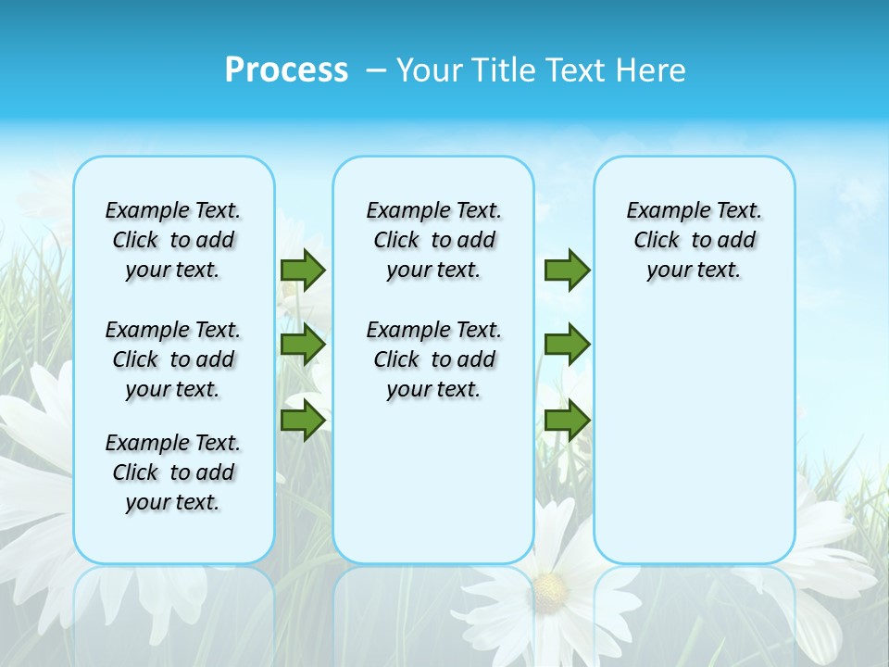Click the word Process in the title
coord(286,70)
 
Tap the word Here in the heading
coord(651,70)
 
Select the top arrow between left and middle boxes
coord(303,270)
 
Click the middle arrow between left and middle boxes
coord(303,345)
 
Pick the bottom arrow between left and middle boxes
coord(303,421)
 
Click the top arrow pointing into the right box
coord(567,270)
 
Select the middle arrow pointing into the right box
coord(567,345)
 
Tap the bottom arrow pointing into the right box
coord(567,421)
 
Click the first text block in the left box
coord(173,240)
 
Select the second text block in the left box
coord(173,359)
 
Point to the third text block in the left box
coord(173,472)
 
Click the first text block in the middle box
coord(433,240)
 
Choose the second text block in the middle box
coord(433,359)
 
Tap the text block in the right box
coord(694,240)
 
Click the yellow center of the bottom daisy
coord(550,586)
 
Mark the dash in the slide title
coord(376,70)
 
